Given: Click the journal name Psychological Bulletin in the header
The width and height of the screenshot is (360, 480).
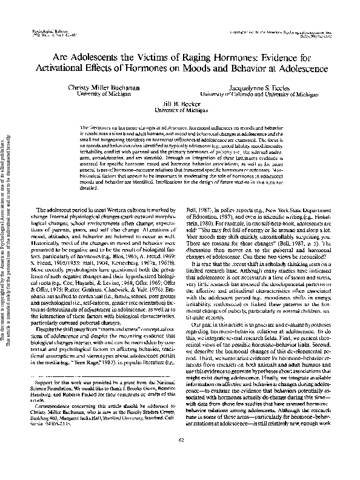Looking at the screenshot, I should coord(43,29).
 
